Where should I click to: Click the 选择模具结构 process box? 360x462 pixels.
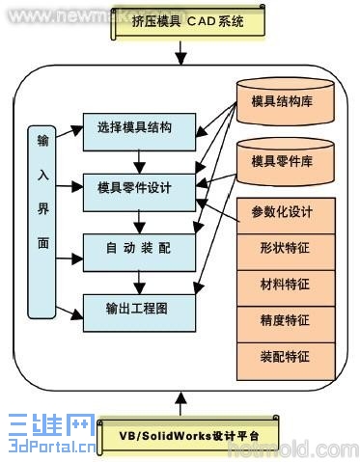(x=140, y=127)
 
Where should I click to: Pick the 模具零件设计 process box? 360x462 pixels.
(x=140, y=188)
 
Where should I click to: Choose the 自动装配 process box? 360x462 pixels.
(x=140, y=249)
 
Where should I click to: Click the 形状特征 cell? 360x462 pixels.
(x=286, y=249)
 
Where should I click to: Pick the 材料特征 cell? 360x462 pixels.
(x=286, y=285)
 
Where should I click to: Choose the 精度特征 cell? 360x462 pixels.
(x=286, y=320)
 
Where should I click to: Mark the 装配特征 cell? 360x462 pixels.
(x=286, y=356)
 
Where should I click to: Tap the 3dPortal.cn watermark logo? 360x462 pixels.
(x=48, y=435)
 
